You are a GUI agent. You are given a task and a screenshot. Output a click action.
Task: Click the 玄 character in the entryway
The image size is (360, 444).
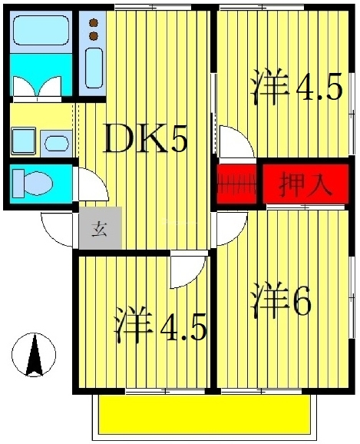point(100,228)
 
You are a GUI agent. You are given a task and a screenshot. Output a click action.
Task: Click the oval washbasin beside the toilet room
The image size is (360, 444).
point(55,143)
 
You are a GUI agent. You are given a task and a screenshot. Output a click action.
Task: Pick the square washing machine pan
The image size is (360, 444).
point(25,141)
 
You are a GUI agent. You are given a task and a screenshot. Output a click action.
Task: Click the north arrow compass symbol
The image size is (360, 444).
point(32,356)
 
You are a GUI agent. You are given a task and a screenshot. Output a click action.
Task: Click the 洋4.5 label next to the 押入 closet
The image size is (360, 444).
point(295,89)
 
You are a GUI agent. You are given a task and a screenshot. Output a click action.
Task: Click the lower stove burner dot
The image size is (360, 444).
point(94,35)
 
